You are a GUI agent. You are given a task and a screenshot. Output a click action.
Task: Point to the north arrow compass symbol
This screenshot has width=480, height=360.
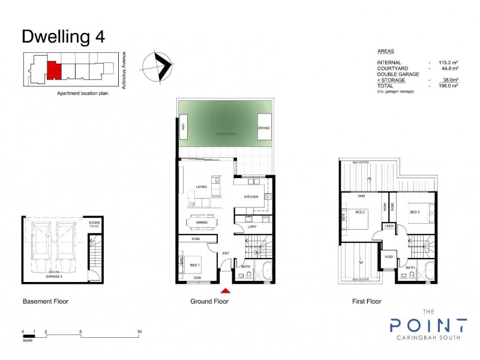point(158,66)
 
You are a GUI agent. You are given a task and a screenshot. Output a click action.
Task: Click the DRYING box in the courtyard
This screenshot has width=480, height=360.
point(264,128)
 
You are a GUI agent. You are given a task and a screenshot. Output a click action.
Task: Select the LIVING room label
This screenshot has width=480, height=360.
point(201,187)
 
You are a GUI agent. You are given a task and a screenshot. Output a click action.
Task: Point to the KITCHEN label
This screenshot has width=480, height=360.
point(251,197)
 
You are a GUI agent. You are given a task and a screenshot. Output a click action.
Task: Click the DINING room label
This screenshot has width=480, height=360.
point(202,221)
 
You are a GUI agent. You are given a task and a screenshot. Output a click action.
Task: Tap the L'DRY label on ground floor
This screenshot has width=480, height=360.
point(253,227)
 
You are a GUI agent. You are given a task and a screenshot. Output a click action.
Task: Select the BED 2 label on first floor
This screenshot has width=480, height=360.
point(360,212)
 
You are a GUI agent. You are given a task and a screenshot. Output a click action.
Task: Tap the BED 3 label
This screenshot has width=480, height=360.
point(414,212)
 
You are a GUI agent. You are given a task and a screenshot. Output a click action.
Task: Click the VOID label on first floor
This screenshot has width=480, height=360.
point(388,257)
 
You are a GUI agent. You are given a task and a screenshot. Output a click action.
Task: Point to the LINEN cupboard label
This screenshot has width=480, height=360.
point(389,226)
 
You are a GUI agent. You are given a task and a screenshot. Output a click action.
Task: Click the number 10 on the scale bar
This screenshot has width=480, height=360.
point(139,332)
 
